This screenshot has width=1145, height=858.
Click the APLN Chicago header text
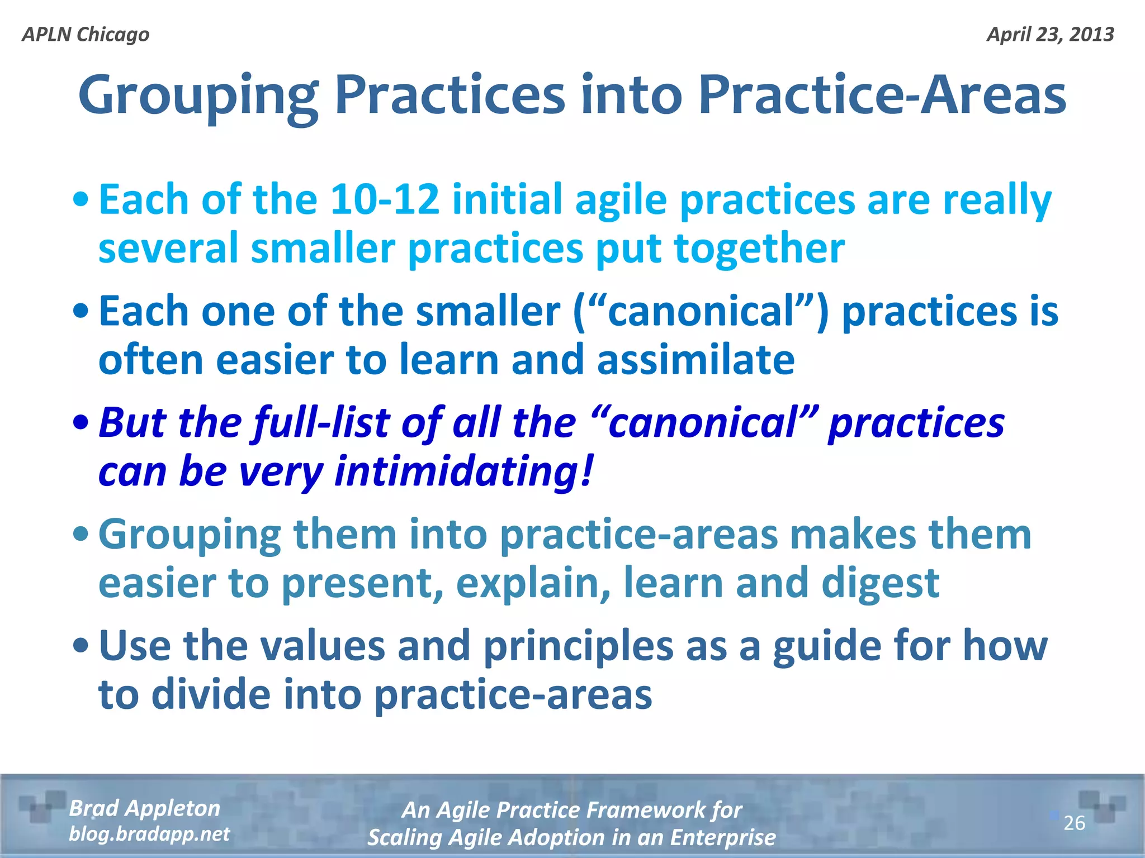coord(86,35)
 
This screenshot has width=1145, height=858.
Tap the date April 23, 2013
coord(1050,35)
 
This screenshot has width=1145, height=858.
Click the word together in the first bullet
coord(759,248)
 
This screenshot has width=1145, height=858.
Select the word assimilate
coord(695,360)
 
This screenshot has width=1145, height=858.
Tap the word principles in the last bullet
coord(578,646)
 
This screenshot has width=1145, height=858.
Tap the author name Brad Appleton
coord(144,808)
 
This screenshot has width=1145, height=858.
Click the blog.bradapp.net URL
coord(149,834)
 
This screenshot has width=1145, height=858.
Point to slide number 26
coord(1073,823)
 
